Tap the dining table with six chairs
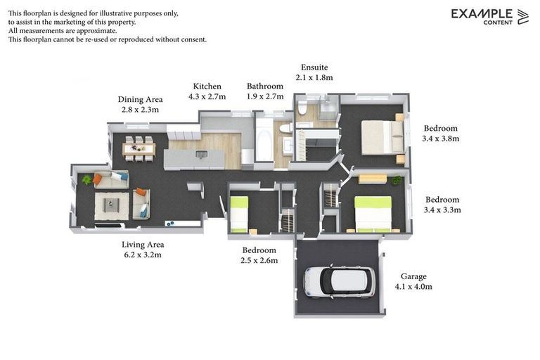[138, 148]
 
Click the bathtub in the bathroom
[264, 141]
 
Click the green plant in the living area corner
[87, 180]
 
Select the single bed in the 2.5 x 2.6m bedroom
[239, 213]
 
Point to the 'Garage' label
[413, 276]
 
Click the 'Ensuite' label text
[314, 67]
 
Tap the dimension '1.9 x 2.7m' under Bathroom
[265, 96]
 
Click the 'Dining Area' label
[141, 100]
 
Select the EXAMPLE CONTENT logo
[489, 16]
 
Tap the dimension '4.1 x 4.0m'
[413, 287]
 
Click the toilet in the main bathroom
[285, 128]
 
